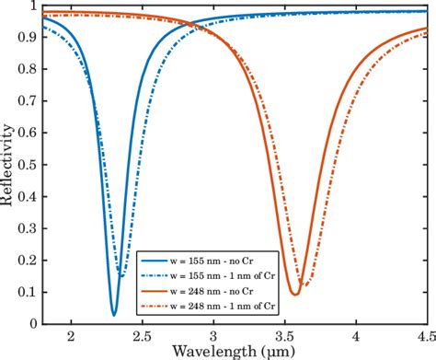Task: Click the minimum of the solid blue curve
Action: (114, 315)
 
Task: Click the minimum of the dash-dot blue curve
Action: (122, 276)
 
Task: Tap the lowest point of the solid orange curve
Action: (294, 294)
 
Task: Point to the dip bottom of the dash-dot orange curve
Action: (304, 286)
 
